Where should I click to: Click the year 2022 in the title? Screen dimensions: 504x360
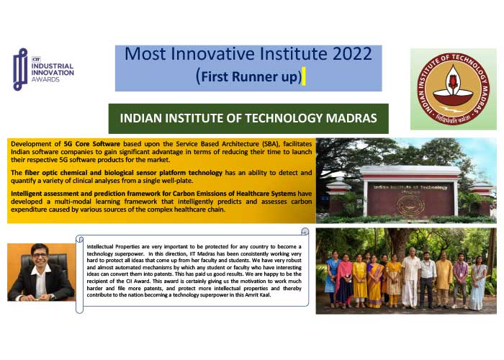[x=352, y=54]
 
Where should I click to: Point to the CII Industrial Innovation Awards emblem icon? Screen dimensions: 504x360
[x=20, y=69]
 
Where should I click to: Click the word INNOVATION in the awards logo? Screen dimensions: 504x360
[x=53, y=73]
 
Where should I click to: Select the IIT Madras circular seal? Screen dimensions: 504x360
[x=453, y=89]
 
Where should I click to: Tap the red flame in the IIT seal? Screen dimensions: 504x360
[x=453, y=81]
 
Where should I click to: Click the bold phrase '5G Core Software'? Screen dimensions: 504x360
[x=92, y=144]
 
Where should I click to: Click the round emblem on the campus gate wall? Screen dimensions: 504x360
[x=410, y=204]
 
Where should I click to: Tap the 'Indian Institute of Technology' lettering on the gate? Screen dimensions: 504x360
[x=410, y=187]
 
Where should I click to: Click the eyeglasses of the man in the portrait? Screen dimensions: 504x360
[x=40, y=255]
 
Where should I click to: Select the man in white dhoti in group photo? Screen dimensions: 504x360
[x=410, y=278]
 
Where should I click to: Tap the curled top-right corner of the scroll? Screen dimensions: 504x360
[x=305, y=231]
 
